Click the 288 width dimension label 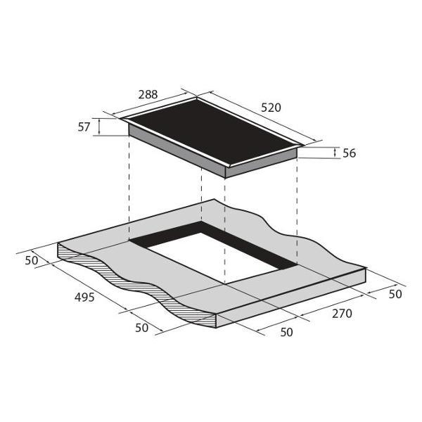[148, 95]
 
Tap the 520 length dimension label [271, 108]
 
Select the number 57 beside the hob [84, 127]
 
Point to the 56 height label [350, 153]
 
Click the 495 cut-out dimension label [84, 298]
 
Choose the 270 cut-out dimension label [342, 314]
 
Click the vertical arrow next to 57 [99, 127]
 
